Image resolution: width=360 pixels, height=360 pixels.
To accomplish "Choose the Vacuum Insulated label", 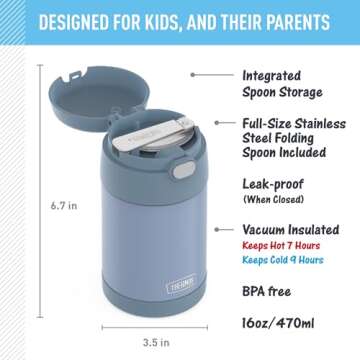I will [x=292, y=228].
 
